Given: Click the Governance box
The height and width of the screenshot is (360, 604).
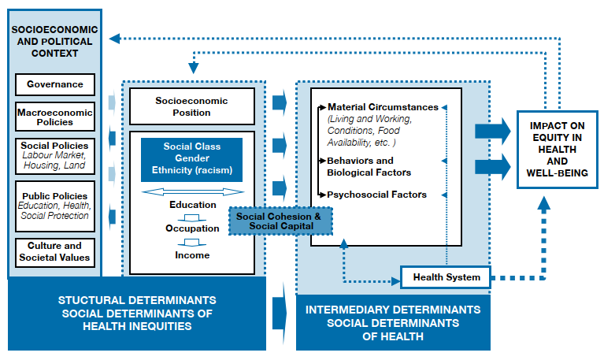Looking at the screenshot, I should (x=54, y=84).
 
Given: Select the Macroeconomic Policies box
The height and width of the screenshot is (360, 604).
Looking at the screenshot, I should (x=54, y=117).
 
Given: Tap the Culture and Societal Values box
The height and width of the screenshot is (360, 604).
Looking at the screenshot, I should (x=54, y=252).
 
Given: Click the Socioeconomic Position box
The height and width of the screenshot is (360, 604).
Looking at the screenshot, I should (x=193, y=106).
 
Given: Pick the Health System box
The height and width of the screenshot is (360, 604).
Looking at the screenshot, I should (x=446, y=276).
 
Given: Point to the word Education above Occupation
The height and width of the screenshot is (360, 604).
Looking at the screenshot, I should (x=193, y=205).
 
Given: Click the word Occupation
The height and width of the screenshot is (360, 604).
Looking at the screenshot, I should (x=193, y=228).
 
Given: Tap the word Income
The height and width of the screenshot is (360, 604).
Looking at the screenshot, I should (x=193, y=254).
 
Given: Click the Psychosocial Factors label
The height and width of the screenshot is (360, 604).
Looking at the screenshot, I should (x=377, y=195).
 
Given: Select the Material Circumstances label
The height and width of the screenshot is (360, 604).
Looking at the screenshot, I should (x=383, y=106).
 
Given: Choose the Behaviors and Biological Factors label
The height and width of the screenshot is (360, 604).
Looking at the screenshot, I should (x=369, y=166).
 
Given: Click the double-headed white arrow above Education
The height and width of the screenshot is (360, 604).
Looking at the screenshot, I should (x=193, y=191).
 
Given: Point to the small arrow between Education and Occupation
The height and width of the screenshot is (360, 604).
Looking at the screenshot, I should (x=193, y=217).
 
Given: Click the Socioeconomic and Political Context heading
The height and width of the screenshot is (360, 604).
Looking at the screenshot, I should (x=55, y=42).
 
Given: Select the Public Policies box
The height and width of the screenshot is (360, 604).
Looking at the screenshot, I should (x=54, y=206).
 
